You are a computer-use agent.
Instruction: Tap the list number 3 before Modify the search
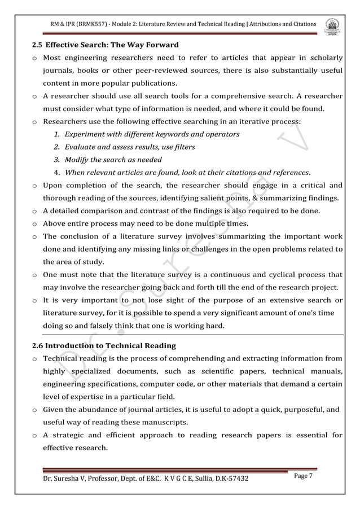(57, 160)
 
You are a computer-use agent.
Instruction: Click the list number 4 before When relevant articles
(57, 172)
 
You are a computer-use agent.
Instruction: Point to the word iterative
(240, 121)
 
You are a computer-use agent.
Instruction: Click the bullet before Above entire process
(35, 224)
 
